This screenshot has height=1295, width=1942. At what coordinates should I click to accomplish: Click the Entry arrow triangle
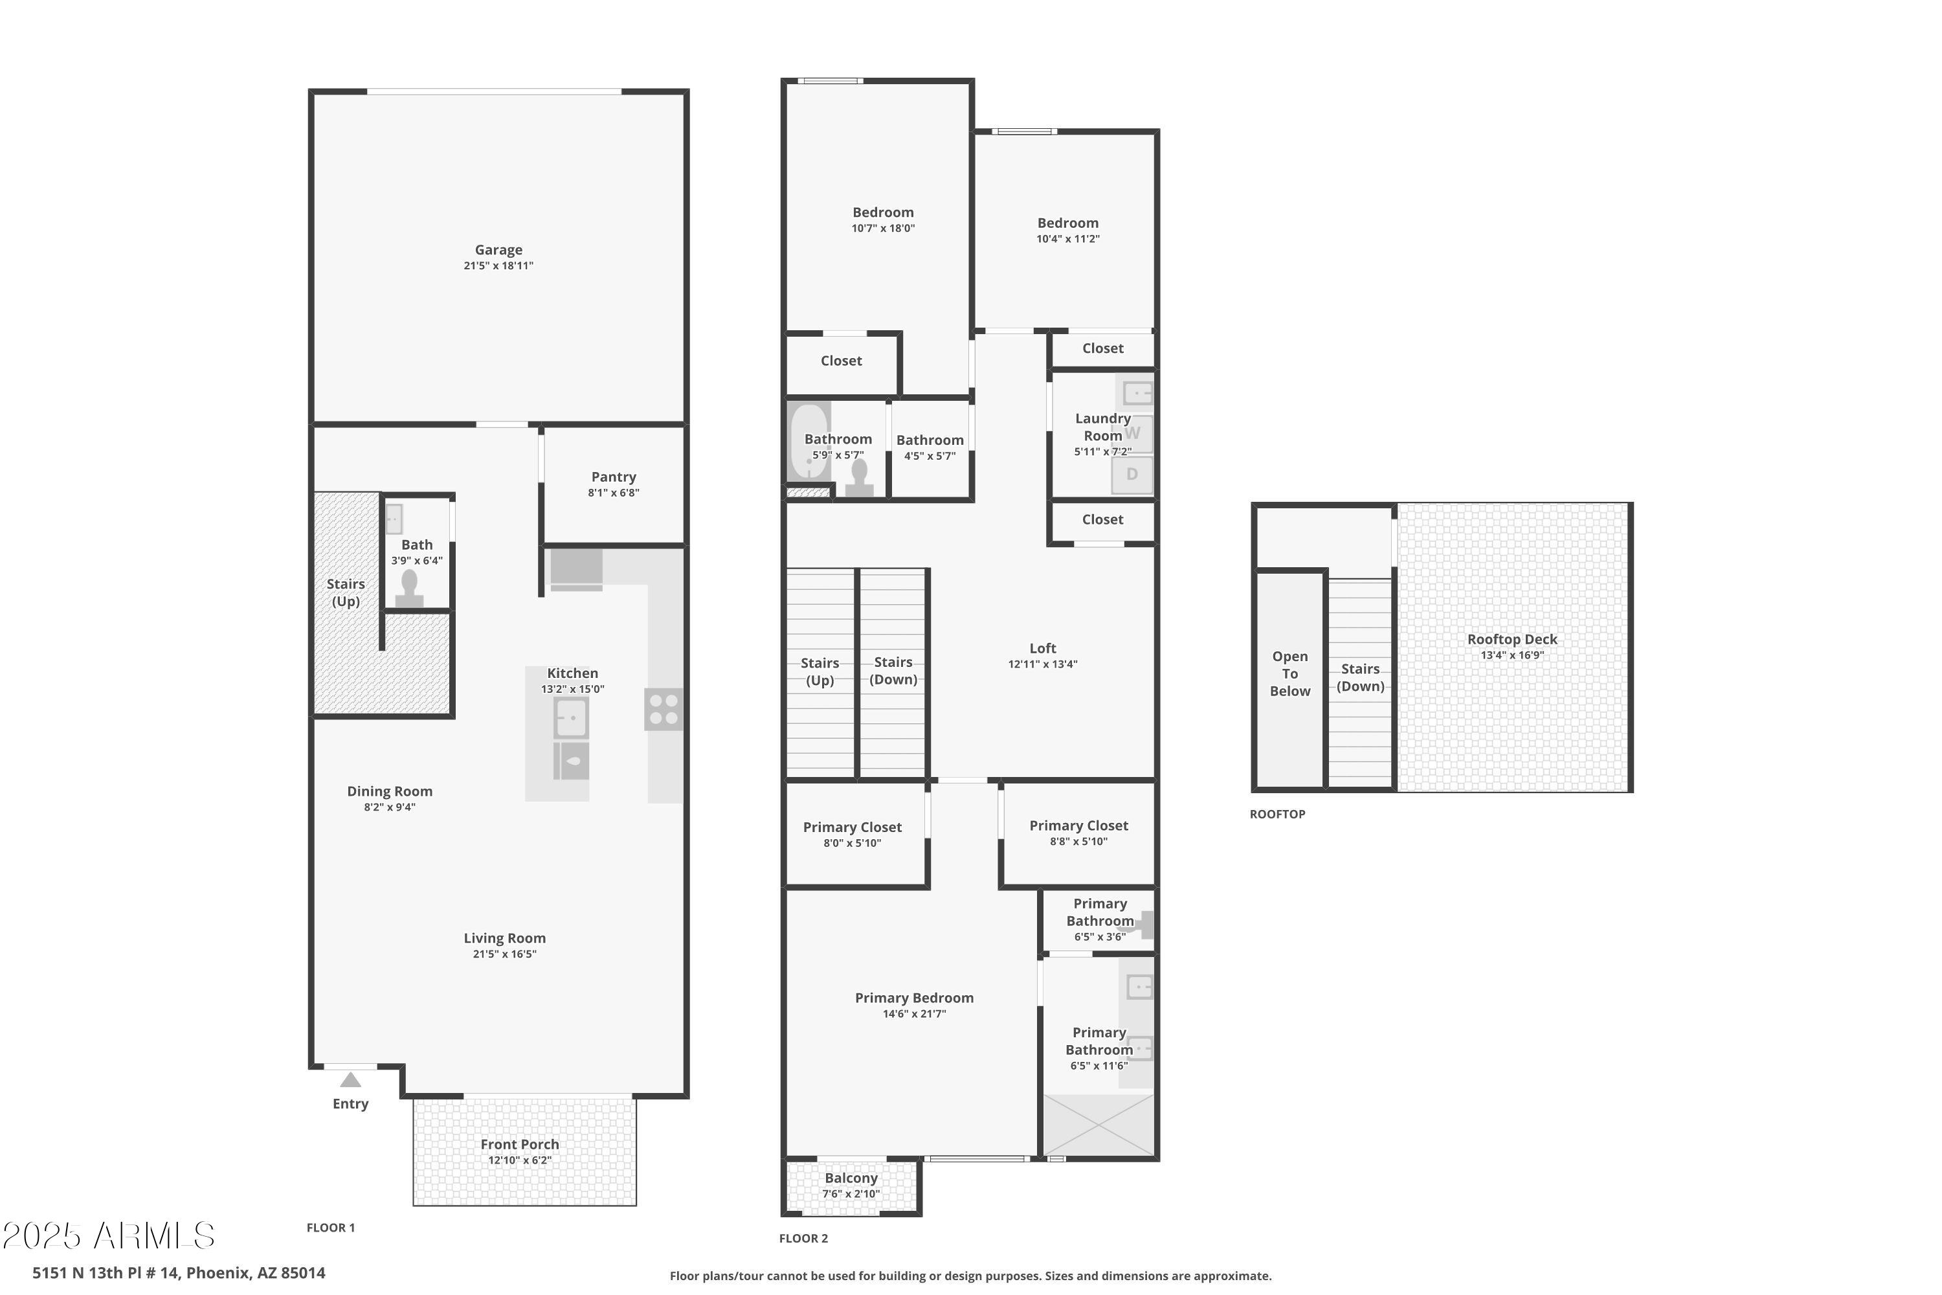tap(350, 1079)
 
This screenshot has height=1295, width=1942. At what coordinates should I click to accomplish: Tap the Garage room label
tap(498, 249)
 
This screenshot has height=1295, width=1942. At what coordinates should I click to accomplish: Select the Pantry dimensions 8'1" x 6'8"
tap(614, 493)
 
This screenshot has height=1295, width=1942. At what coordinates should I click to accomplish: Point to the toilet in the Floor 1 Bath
tap(408, 589)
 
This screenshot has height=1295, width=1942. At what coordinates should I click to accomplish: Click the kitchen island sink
tap(570, 717)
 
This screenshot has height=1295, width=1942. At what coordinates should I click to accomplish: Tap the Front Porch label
tap(519, 1144)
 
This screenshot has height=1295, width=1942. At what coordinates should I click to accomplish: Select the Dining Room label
tap(390, 791)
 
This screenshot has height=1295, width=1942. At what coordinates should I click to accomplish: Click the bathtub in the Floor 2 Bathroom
tap(809, 442)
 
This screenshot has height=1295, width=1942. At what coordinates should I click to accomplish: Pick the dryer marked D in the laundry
tap(1132, 475)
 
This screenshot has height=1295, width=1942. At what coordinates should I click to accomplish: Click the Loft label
tap(1042, 648)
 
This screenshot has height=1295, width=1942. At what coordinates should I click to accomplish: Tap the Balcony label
tap(851, 1178)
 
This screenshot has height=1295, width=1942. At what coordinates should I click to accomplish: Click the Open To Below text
tap(1289, 674)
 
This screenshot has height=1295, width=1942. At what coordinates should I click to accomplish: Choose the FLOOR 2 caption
tap(803, 1238)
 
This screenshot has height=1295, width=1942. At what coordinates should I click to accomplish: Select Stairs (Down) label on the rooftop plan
tap(1360, 677)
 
